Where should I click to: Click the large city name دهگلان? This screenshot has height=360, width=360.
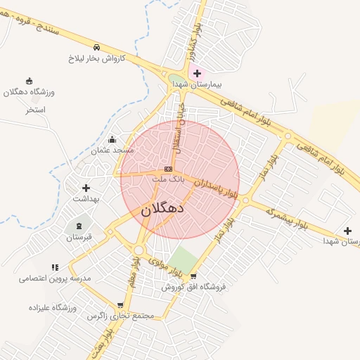163,209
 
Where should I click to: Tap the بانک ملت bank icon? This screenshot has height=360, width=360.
168,169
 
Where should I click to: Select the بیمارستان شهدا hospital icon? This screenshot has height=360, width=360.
196,73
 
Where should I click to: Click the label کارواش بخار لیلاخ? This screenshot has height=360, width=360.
96,58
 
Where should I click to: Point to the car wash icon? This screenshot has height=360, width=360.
96,47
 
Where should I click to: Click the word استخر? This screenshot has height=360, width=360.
35,110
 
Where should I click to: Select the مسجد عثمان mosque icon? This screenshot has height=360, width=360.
112,139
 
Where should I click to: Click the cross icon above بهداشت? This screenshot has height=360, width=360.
86,188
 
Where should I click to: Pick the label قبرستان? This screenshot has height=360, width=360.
79,238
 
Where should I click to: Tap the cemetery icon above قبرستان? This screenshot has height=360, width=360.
79,226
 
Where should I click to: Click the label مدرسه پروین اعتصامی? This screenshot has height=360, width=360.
56,278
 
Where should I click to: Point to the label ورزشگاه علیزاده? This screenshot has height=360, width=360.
52,307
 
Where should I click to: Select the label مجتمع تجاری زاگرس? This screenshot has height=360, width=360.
120,316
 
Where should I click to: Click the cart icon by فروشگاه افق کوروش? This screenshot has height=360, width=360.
193,276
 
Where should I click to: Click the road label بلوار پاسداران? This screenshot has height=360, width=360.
216,186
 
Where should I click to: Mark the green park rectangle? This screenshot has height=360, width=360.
183,259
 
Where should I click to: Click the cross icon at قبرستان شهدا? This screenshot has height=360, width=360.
347,230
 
